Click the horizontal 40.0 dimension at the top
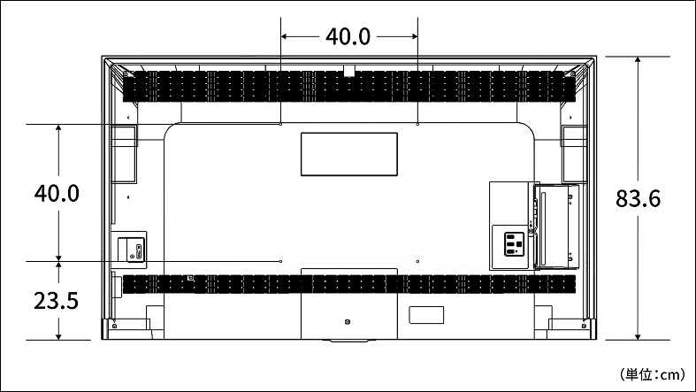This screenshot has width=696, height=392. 348,36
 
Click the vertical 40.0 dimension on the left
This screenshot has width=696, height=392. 57,194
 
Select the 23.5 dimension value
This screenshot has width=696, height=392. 57,301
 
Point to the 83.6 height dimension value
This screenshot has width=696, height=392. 638,198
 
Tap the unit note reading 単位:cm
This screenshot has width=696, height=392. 653,374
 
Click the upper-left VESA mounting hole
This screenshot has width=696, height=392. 281,124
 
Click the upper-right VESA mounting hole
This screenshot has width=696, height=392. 417,124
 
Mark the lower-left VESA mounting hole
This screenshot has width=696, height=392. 281,262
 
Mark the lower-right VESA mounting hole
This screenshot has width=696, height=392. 417,262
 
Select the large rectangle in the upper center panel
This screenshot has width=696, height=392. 349,154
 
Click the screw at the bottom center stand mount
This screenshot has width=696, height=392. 347,322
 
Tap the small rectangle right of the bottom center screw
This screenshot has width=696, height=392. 426,315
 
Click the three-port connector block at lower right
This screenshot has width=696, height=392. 514,243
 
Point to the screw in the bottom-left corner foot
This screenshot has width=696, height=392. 114,326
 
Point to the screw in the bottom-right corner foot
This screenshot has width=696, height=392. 584,326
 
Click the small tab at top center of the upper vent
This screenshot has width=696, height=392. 349,70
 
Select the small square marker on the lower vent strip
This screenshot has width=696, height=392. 191,278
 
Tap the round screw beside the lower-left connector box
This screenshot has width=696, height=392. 132,256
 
